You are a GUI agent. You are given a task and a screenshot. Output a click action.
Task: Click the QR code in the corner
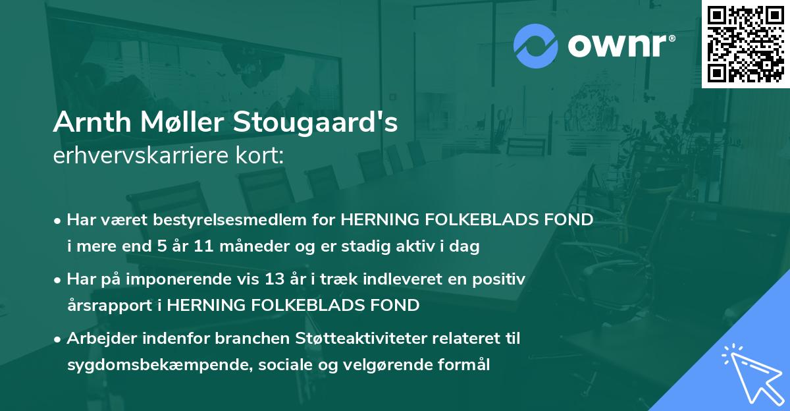(x=745, y=43)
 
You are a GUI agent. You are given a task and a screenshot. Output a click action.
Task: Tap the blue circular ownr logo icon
(x=535, y=45)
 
